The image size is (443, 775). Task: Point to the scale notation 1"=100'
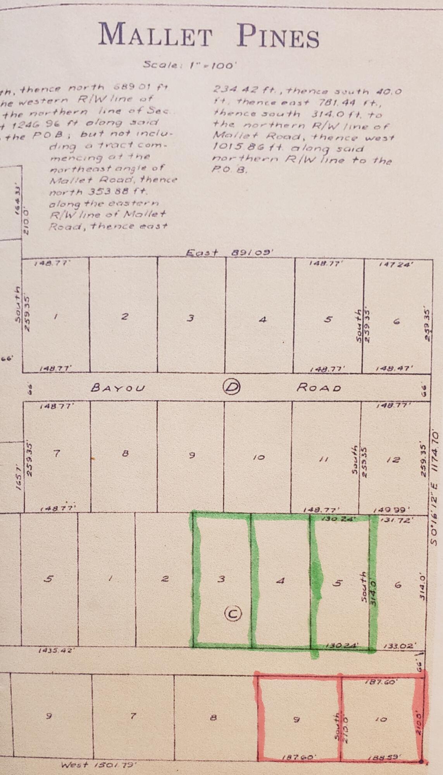[x=212, y=65]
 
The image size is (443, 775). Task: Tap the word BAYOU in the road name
[x=118, y=388]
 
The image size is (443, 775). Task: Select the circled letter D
[x=232, y=387]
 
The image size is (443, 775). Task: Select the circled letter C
[x=233, y=613]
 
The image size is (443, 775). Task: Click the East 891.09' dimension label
[x=229, y=253]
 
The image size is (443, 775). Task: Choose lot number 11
[x=324, y=459]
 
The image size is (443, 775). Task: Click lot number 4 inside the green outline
[x=281, y=580]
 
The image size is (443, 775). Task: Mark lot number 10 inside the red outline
[x=381, y=719]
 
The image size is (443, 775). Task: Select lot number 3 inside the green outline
[x=221, y=579]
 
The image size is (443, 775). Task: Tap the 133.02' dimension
[x=400, y=646]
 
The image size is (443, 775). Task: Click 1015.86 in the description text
[x=232, y=148]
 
